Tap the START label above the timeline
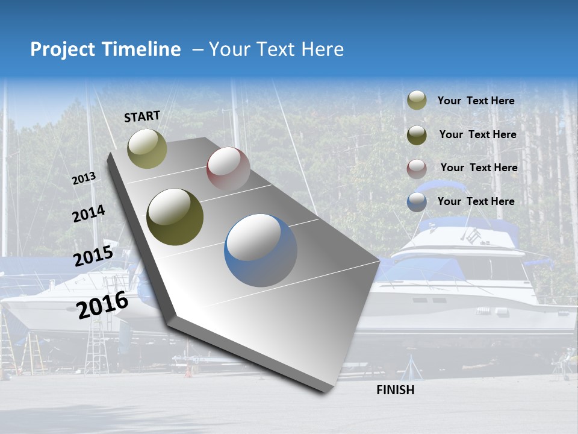tap(142, 116)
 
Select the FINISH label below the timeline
tap(395, 390)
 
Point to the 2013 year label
tap(84, 178)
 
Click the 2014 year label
tap(89, 214)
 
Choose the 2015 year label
tap(93, 256)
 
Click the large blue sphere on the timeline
tap(261, 250)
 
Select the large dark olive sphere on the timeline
tap(175, 217)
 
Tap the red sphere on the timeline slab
tap(228, 168)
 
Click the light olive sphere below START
tap(147, 148)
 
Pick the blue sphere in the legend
tap(417, 202)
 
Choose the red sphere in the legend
tap(417, 168)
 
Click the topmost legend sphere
tap(417, 100)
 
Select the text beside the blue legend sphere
tap(476, 201)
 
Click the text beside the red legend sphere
tap(479, 168)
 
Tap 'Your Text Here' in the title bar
tap(276, 49)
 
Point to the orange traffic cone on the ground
tap(188, 371)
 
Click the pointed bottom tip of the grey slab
tap(326, 391)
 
